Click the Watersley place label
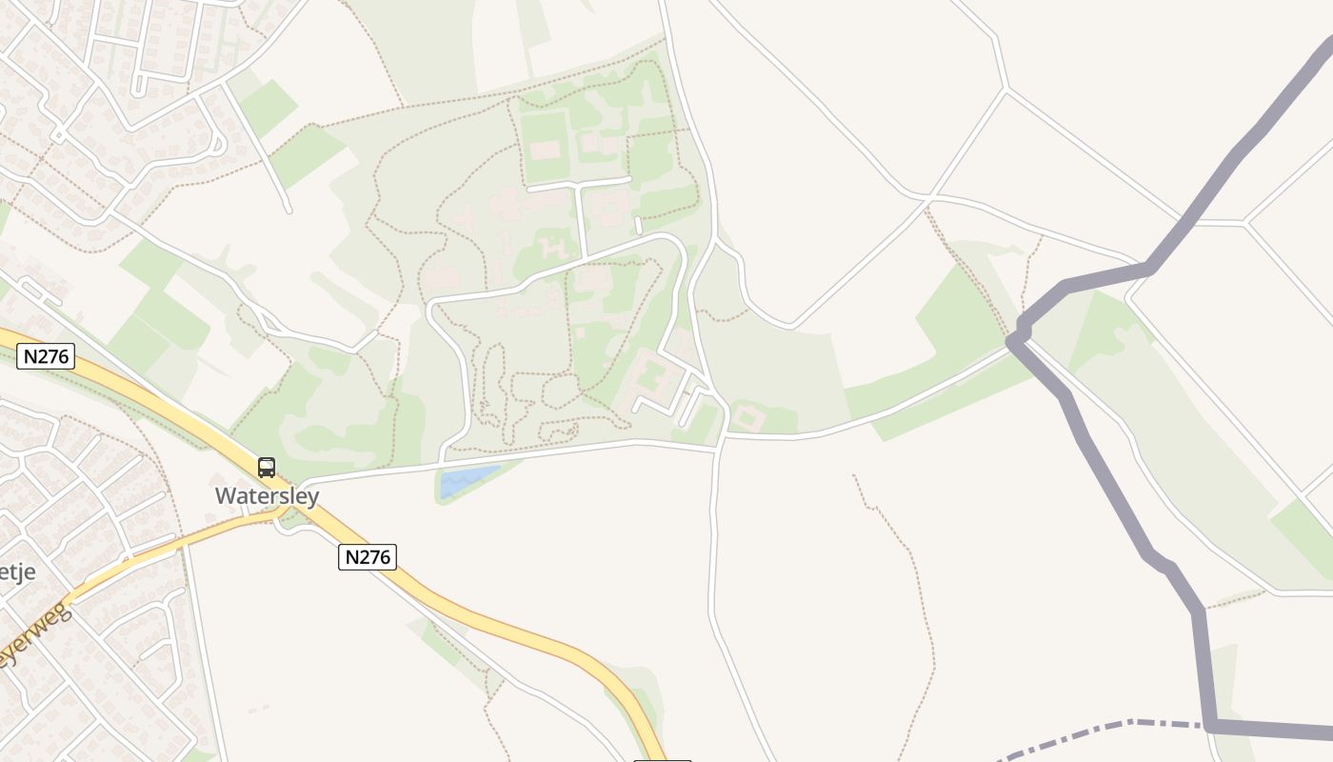[x=267, y=496]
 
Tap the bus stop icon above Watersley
[x=267, y=468]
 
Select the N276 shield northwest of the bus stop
[x=46, y=357]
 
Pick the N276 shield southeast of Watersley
[x=368, y=557]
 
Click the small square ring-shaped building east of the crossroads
[x=746, y=417]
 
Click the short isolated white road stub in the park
[x=638, y=225]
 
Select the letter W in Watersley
[x=225, y=496]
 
